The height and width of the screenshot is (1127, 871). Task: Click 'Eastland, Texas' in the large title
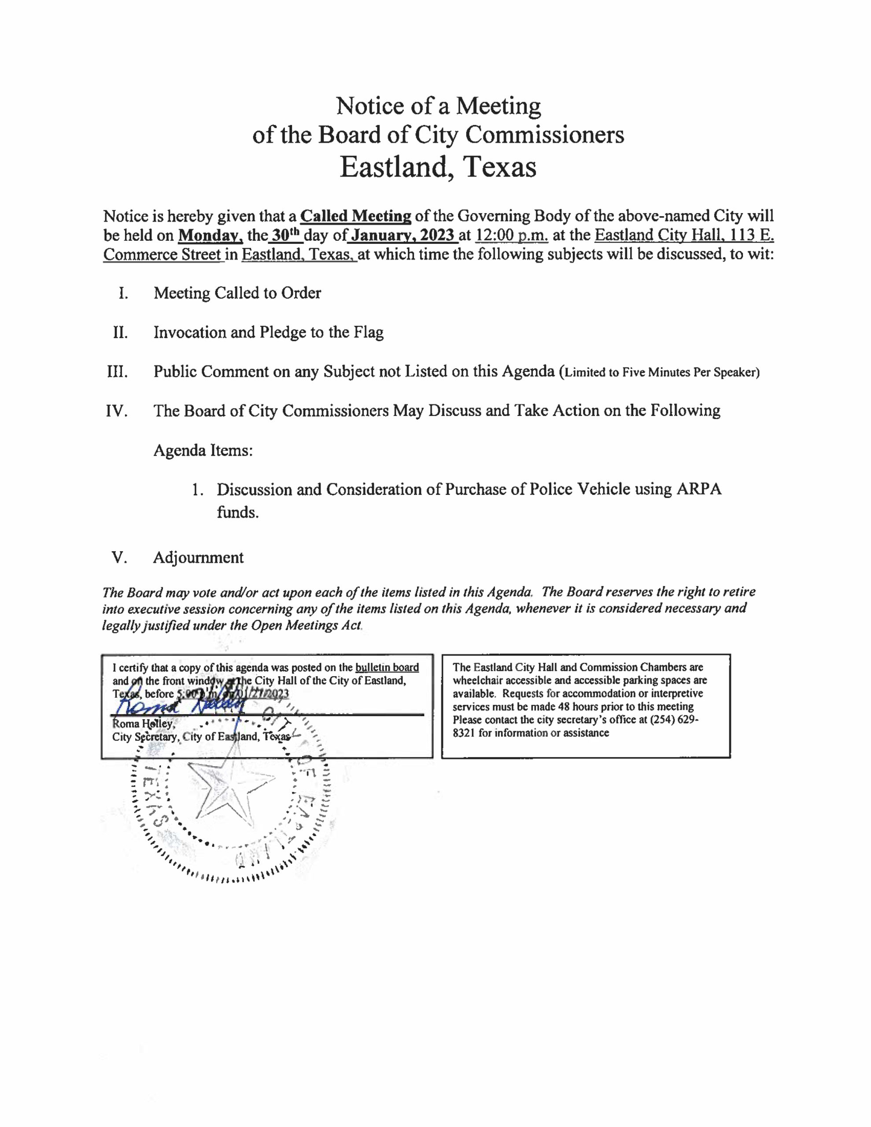(438, 167)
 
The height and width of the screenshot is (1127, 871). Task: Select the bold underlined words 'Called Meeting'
(356, 216)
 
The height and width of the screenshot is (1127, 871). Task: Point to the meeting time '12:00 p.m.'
(511, 236)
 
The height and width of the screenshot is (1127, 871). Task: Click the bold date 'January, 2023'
(402, 236)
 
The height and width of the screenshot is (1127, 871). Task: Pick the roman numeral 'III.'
(117, 372)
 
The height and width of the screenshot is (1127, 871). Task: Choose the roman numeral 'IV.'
(117, 411)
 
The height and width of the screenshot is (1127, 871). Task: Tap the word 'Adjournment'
(198, 558)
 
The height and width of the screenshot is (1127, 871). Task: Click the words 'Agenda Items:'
(203, 450)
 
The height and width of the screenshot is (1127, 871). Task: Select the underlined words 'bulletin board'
(387, 668)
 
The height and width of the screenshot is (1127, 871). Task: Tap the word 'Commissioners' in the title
(545, 135)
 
